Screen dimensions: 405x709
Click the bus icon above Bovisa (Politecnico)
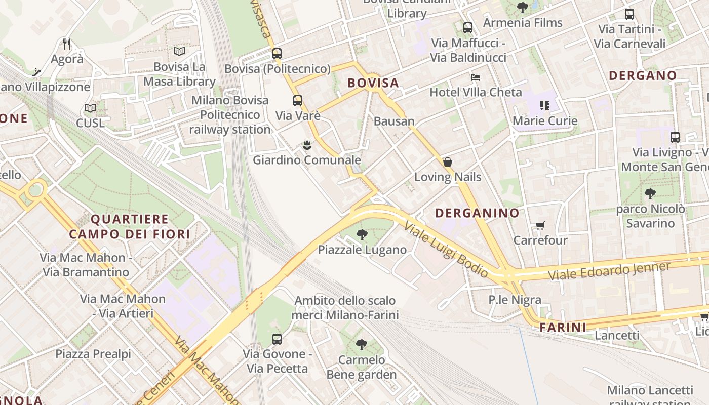coord(277,53)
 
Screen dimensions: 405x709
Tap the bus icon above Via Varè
coord(298,100)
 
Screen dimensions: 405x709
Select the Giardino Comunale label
coord(307,160)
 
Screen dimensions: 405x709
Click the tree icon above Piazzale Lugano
coord(362,234)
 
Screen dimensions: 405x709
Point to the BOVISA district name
coord(373,83)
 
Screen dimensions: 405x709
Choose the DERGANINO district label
coord(477,213)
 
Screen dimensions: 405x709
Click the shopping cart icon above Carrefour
coord(540,225)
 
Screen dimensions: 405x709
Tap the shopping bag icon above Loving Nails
coord(447,162)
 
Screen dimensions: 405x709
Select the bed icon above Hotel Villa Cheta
coord(476,77)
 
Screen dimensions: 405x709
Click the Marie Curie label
coord(545,121)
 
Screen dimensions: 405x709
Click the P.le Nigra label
coord(515,300)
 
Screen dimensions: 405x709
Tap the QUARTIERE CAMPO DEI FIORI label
coord(130,226)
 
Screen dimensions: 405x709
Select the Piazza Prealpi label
coord(93,354)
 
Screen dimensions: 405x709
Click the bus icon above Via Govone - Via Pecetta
coord(277,339)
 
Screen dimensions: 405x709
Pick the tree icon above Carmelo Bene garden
coord(362,345)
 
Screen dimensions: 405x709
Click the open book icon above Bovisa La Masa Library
coord(179,51)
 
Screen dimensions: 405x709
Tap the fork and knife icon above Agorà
coord(66,44)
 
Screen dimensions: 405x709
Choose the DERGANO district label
coord(643,76)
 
